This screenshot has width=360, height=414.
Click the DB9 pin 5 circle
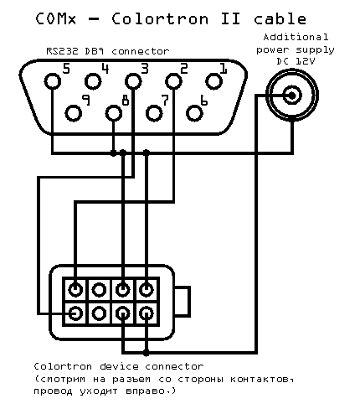click(53, 81)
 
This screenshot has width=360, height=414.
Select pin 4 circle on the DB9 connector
click(93, 81)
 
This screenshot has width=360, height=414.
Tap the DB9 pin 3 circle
click(133, 81)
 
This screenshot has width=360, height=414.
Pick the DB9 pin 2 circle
click(173, 81)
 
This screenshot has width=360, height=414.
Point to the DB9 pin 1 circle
click(213, 81)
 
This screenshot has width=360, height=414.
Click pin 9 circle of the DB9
click(74, 113)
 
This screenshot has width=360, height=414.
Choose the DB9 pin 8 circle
click(114, 113)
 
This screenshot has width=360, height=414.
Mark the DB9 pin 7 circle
click(154, 113)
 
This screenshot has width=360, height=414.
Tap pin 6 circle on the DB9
click(194, 113)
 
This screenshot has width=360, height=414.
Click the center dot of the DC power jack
click(292, 96)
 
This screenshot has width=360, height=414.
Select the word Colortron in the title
click(160, 19)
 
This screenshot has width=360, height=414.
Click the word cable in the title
click(280, 18)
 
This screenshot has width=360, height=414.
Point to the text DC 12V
click(296, 61)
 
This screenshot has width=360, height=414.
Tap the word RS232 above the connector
click(62, 51)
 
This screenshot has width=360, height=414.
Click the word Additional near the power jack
click(296, 37)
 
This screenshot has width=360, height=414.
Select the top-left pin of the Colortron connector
click(75, 290)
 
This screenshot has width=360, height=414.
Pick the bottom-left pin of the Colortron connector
click(75, 313)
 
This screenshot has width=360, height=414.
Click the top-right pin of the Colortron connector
click(146, 290)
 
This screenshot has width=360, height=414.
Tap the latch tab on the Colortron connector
click(183, 302)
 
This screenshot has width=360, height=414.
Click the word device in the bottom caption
click(119, 366)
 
